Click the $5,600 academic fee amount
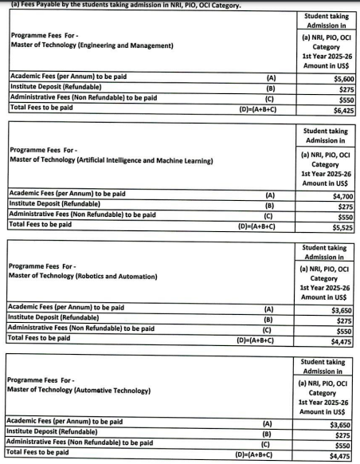coord(343,80)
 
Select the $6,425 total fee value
coord(343,111)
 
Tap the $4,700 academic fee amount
coord(343,195)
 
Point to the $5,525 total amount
coord(343,226)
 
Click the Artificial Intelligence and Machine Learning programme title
coord(111,160)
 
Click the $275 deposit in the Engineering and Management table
coord(346,90)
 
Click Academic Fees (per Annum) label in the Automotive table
coord(64,422)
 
